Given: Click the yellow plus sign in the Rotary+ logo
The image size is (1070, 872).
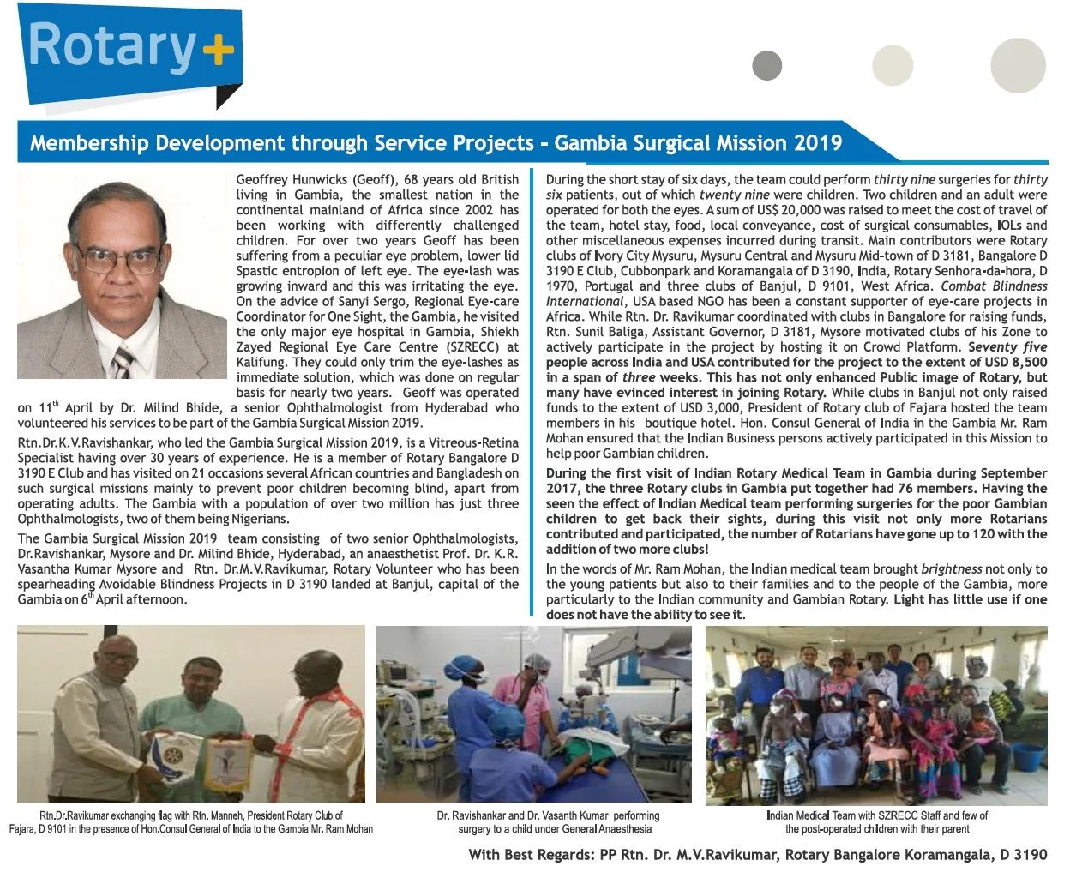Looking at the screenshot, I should tap(218, 50).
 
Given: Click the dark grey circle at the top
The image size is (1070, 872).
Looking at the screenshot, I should tap(766, 65).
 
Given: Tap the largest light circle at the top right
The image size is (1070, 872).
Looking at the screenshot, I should tap(1018, 65).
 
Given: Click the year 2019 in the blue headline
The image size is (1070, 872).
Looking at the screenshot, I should tap(817, 142).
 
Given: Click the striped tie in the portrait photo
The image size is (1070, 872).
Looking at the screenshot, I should tap(123, 361).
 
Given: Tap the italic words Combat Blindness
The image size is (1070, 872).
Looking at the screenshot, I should tap(994, 286).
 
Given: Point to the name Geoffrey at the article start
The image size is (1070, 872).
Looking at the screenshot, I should tap(263, 180).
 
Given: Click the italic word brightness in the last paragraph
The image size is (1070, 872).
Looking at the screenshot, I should tap(951, 569).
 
